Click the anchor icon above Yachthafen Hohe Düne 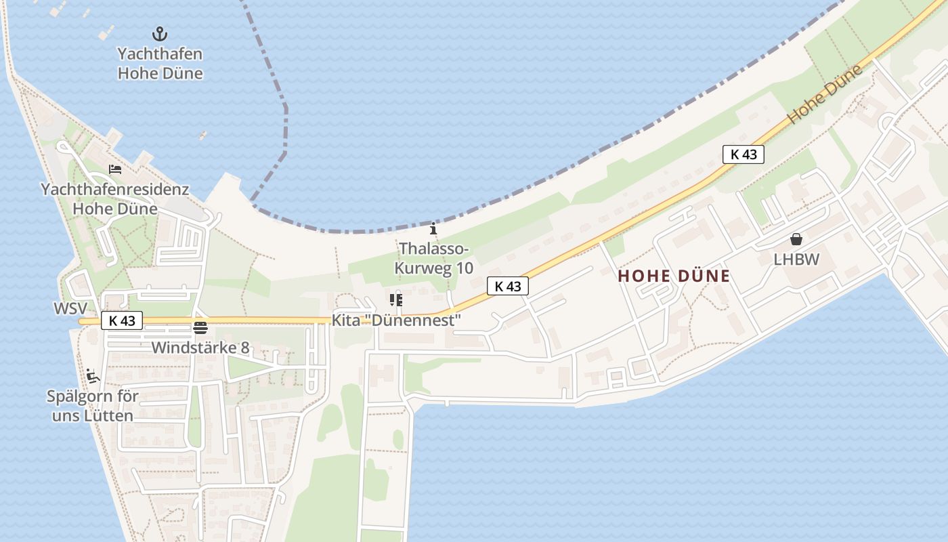pos(160,33)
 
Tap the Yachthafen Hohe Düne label pos(160,64)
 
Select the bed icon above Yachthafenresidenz pos(115,169)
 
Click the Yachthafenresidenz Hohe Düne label pos(114,199)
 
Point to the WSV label pos(70,309)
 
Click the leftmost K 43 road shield pos(122,320)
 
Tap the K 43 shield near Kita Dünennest pos(507,287)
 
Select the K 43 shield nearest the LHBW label pos(743,154)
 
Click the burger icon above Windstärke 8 pos(200,329)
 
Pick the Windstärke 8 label pos(200,348)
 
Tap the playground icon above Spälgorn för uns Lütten pos(93,377)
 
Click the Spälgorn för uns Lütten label pos(93,406)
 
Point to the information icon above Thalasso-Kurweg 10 pos(434,229)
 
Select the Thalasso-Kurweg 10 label pos(434,258)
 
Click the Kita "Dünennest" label pos(396,320)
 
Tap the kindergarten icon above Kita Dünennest pos(396,299)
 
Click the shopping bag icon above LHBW pos(796,239)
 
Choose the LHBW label pos(796,259)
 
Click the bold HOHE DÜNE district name pos(674,276)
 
